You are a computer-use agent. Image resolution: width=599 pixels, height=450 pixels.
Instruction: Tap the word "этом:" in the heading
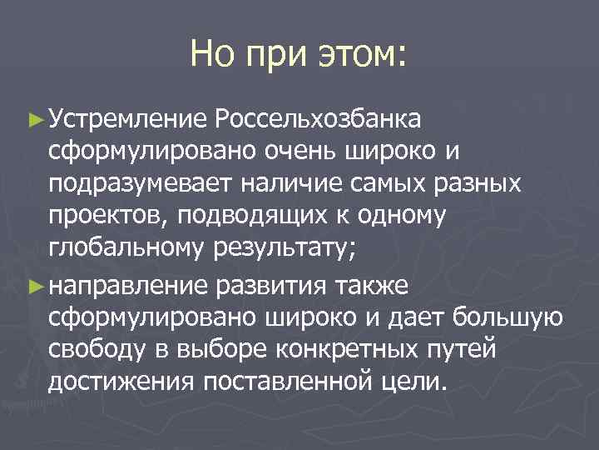pyautogui.click(x=361, y=55)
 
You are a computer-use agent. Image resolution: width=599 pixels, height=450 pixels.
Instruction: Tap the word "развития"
pyautogui.click(x=273, y=286)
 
